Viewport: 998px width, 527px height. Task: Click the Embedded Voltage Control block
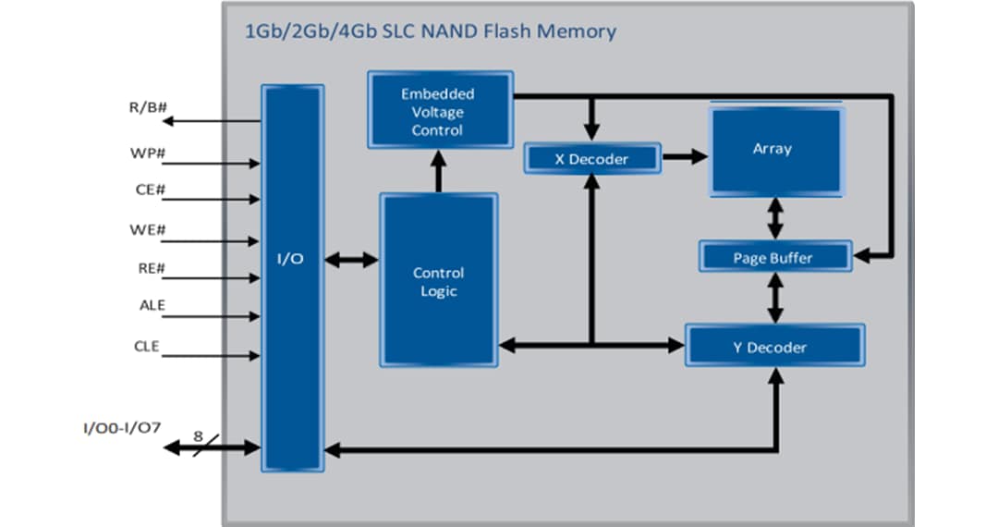pos(439,111)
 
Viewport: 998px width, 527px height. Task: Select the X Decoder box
pos(591,159)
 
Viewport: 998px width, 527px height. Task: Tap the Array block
pos(775,151)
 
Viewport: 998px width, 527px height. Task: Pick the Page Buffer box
pos(773,258)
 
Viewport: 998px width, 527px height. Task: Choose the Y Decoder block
pos(774,347)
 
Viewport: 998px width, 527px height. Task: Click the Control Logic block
pos(439,281)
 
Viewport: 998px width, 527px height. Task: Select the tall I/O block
pos(292,277)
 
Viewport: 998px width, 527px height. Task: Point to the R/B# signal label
pos(148,107)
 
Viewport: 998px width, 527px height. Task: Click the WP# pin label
pos(148,151)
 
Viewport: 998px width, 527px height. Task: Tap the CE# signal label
pos(149,190)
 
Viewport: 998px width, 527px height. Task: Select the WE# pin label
pos(148,229)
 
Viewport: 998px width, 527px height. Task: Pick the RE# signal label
pos(148,269)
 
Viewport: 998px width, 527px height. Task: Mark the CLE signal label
pos(147,347)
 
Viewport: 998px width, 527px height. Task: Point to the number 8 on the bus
pos(198,435)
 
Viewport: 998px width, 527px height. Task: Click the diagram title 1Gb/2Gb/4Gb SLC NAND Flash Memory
pos(430,31)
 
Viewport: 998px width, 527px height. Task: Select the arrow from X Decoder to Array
pos(684,158)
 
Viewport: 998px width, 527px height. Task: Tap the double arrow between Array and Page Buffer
pos(773,219)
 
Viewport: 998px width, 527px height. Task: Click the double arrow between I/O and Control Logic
pos(352,260)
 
